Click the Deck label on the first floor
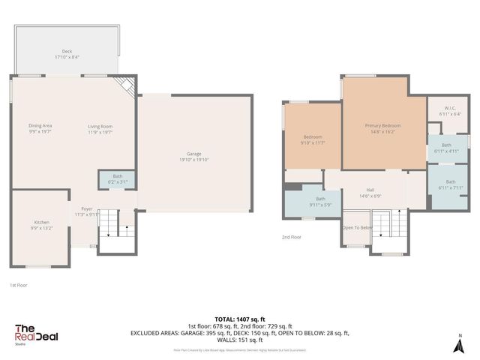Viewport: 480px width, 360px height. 67,54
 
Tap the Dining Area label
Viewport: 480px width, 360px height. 40,128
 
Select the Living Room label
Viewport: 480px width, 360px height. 100,128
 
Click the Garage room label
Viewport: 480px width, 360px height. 193,157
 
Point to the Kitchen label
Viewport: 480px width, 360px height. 41,225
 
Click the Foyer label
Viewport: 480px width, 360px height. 86,211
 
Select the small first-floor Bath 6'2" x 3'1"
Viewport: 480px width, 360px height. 117,179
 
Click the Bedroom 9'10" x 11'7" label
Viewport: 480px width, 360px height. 312,139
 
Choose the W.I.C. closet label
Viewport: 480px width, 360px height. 450,111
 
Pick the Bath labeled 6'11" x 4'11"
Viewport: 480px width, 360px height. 446,148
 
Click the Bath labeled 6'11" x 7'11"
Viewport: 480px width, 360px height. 450,184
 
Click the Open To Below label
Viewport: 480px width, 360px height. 356,227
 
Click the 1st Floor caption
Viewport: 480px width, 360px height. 19,285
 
